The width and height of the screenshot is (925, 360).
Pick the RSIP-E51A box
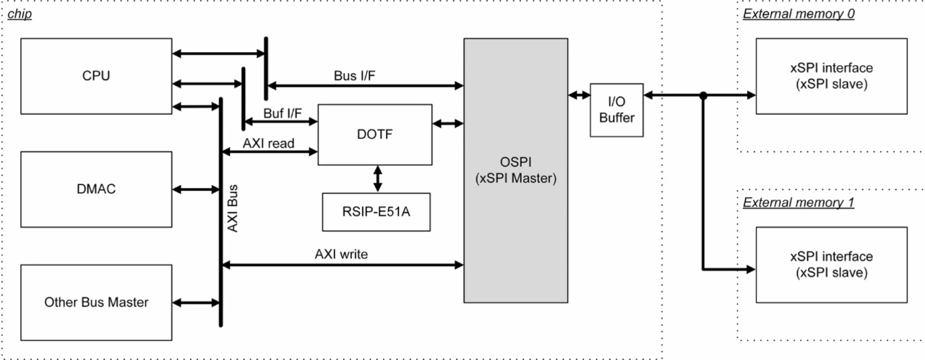pos(376,212)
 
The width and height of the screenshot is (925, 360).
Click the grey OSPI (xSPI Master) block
pos(515,171)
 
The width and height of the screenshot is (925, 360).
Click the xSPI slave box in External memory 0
pos(831,75)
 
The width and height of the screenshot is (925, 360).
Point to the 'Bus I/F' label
pos(353,74)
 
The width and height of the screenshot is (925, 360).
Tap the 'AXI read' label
pos(268,142)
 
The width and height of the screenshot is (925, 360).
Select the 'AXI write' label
pos(342,254)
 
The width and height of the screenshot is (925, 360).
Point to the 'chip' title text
pos(18,14)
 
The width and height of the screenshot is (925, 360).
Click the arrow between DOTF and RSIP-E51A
pos(377,178)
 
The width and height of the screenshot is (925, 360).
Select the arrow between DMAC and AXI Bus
pos(196,189)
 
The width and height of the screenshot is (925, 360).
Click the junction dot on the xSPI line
pos(702,95)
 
